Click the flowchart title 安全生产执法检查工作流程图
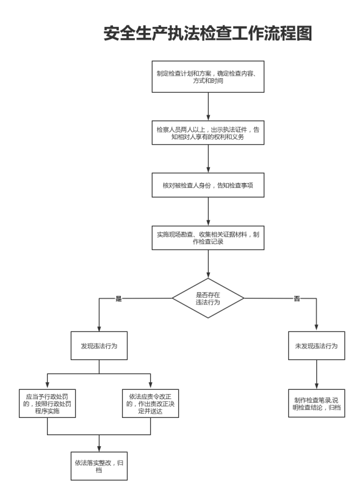pos(208,33)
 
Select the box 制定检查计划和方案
pos(208,77)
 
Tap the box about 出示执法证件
pos(208,133)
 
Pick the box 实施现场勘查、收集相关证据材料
pos(208,238)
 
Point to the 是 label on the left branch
pos(119,298)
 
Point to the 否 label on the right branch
pos(296,298)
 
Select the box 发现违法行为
pos(100,346)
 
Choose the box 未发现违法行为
pos(316,346)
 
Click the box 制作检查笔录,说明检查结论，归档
pos(316,403)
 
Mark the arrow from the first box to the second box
pos(208,105)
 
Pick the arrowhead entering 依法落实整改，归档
pos(100,448)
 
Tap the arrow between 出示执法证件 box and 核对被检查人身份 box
pos(208,159)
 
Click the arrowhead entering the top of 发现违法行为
pos(100,328)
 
